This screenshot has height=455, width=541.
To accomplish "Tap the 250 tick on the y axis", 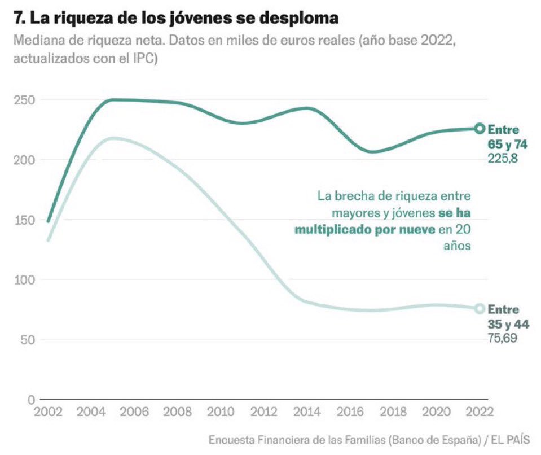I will pyautogui.click(x=23, y=100).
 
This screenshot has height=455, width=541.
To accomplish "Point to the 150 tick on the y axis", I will pyautogui.click(x=23, y=220).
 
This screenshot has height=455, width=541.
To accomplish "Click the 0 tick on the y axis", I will pyautogui.click(x=31, y=400).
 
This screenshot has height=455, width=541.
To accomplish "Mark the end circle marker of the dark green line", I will pyautogui.click(x=480, y=128).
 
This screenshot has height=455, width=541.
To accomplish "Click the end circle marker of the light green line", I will pyautogui.click(x=480, y=308).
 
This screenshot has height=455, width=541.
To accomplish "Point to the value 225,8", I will pyautogui.click(x=503, y=159).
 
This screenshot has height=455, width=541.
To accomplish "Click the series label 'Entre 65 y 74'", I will pyautogui.click(x=507, y=137).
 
